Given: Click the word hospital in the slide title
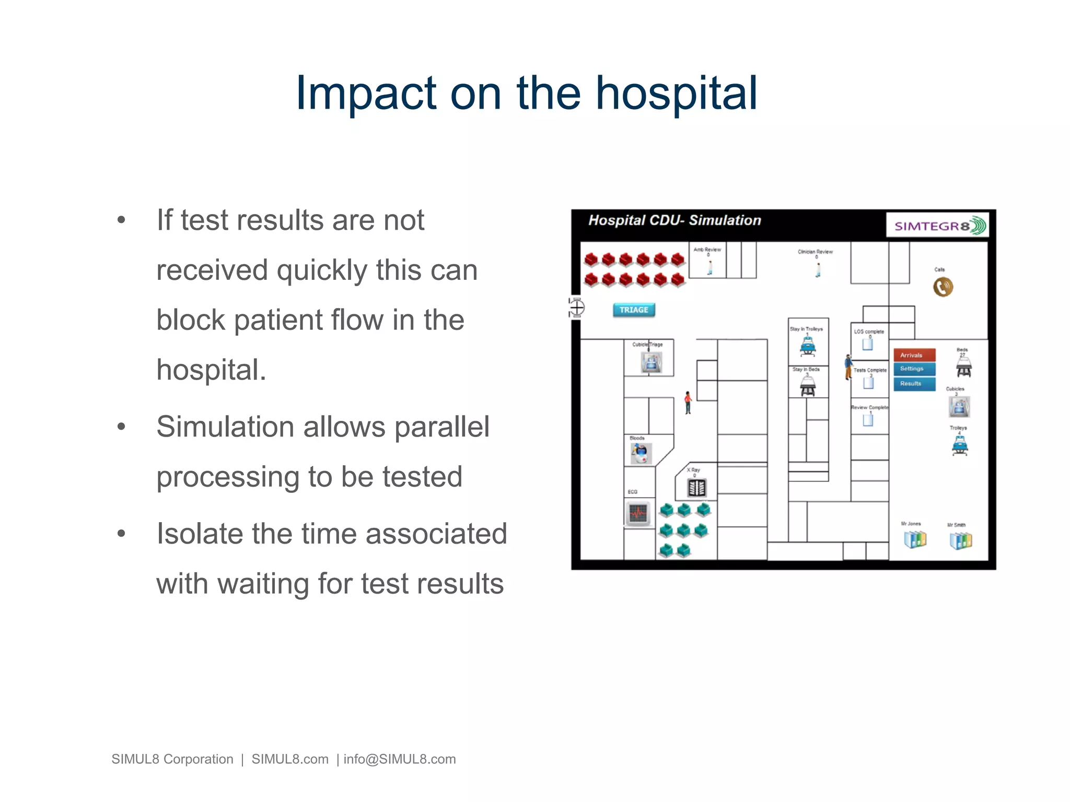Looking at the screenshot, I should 677,94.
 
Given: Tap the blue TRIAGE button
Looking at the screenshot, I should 633,310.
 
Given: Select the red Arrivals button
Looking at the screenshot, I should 914,355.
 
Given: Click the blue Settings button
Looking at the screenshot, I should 914,369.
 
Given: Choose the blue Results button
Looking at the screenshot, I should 914,383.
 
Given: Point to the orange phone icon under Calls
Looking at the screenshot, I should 943,287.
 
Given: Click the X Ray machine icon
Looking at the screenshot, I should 697,488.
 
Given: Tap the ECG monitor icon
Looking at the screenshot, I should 638,513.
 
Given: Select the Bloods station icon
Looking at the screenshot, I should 641,453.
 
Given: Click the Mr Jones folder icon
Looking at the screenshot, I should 914,539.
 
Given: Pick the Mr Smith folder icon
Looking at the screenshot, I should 960,540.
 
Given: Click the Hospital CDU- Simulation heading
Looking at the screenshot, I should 674,220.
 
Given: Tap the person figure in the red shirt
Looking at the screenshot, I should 688,403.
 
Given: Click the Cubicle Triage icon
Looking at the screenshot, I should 651,362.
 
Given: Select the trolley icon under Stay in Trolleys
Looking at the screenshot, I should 808,346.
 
